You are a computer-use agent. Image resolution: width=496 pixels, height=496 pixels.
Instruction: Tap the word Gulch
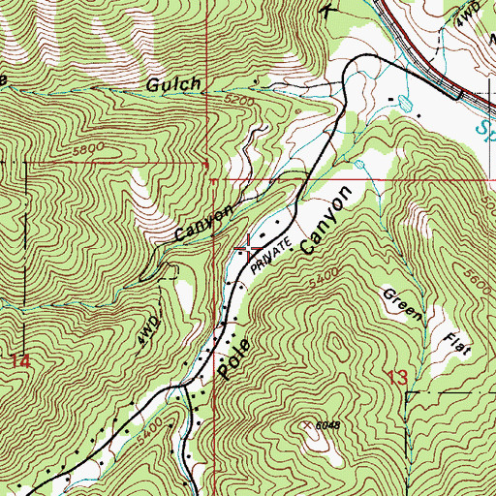(176, 85)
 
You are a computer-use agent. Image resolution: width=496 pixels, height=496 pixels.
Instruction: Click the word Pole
(229, 358)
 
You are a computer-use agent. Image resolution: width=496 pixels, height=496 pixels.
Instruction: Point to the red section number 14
(20, 360)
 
